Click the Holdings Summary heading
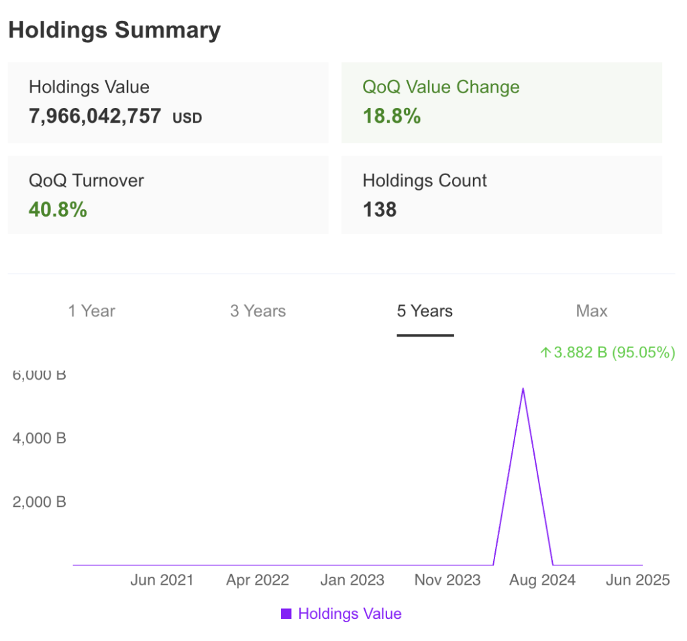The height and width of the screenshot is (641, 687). click(x=114, y=30)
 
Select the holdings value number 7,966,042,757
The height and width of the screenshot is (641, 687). click(x=95, y=116)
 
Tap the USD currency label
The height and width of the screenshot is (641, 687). click(x=187, y=118)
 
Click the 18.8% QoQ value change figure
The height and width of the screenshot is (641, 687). click(x=392, y=116)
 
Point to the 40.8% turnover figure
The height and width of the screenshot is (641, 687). click(x=58, y=210)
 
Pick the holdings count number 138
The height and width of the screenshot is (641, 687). click(x=380, y=210)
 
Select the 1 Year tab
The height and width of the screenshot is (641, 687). click(x=91, y=311)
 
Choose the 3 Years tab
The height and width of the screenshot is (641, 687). click(x=258, y=311)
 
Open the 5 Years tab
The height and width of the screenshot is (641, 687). click(x=425, y=311)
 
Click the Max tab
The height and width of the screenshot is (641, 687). click(x=592, y=311)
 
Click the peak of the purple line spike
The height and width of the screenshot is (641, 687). click(x=523, y=388)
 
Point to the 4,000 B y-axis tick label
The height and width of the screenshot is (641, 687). click(x=39, y=438)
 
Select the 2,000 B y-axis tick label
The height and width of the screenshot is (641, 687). click(x=39, y=502)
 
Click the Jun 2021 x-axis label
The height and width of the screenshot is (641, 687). click(x=161, y=580)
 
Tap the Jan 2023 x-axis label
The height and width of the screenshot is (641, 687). click(x=352, y=580)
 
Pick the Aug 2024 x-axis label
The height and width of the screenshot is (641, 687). click(x=542, y=580)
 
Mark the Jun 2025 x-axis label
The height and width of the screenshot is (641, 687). click(x=637, y=580)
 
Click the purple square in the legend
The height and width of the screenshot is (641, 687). click(x=286, y=614)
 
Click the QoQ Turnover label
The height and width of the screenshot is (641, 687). click(x=86, y=180)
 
